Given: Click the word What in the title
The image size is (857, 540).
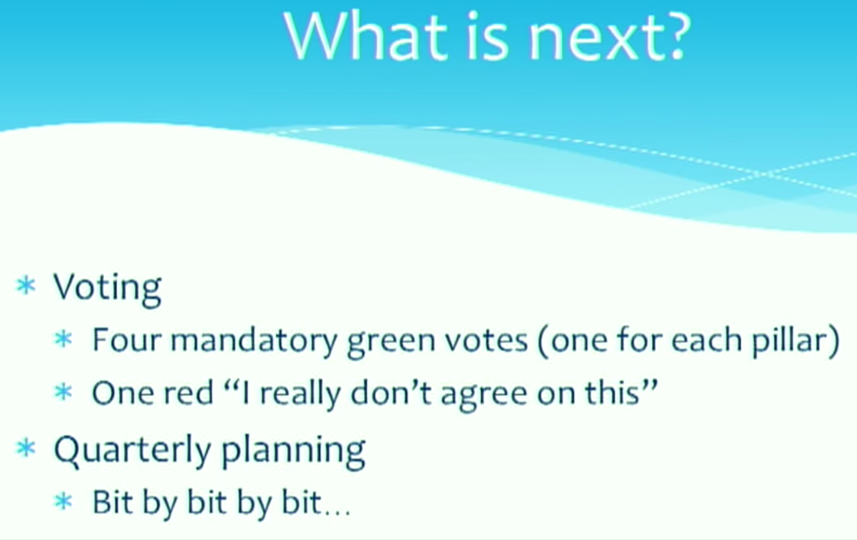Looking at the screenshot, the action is coord(366,37).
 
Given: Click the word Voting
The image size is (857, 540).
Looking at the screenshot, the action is coord(108,289).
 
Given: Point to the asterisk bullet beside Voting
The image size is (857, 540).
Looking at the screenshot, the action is coord(27,286).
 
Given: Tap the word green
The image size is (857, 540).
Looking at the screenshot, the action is coord(391,343).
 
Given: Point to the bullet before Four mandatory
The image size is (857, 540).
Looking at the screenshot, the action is coord(64,339).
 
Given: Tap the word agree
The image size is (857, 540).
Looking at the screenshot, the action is coord(484,396).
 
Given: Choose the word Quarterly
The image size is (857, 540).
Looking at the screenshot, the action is coord(133,451).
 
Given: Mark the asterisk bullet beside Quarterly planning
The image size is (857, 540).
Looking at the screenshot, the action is coord(27,448).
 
